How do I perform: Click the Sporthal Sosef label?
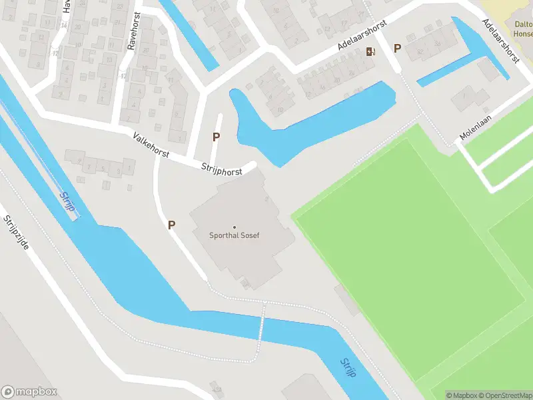pos(235,236)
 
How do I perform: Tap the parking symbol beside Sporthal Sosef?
pos(171,225)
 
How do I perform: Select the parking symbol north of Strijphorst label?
pos(216,137)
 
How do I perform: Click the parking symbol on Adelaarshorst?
pos(397,48)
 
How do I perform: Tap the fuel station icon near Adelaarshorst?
pos(370,51)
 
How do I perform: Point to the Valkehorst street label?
pos(151,145)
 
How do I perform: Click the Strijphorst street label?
pos(222,171)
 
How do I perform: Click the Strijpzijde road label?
pos(17,233)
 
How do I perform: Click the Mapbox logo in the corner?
pos(29,392)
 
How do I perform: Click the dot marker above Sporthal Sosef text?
pos(235,227)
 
